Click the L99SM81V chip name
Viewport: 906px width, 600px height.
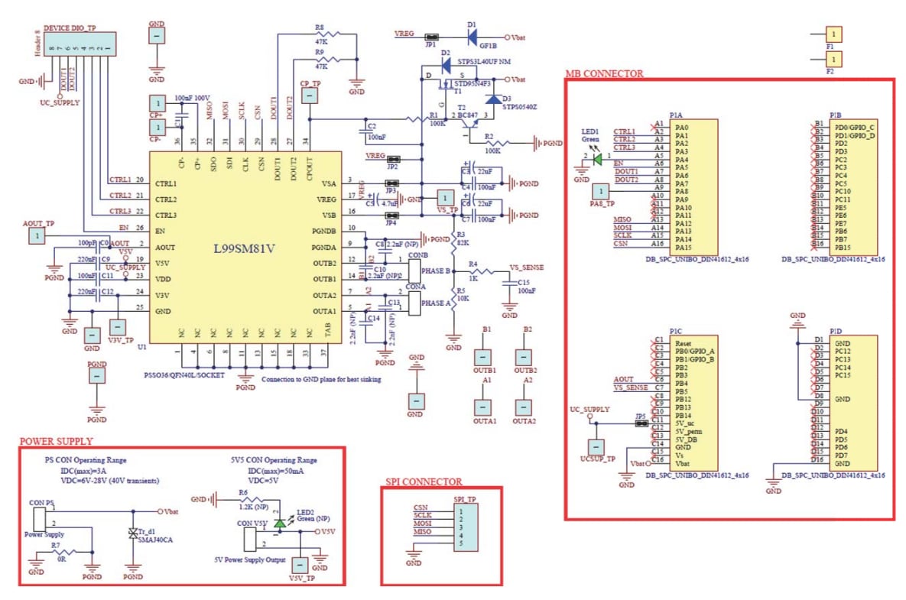click(x=243, y=248)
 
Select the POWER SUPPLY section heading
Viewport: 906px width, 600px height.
click(x=56, y=441)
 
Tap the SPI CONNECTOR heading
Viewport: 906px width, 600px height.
click(x=424, y=482)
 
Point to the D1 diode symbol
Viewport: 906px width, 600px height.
click(x=472, y=36)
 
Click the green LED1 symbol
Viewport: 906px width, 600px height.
click(x=595, y=157)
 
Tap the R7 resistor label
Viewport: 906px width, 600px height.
click(x=56, y=546)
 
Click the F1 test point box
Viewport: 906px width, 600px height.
click(x=834, y=34)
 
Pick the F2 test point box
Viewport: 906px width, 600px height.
click(x=834, y=58)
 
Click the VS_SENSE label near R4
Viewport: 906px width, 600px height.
click(x=527, y=268)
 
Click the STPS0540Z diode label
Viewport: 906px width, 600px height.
click(x=518, y=107)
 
